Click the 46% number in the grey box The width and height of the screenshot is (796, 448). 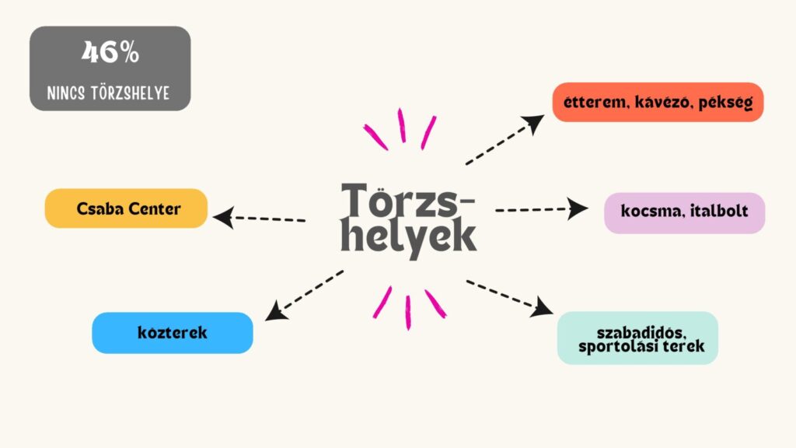(x=110, y=53)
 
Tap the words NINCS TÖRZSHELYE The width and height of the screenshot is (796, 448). (x=110, y=94)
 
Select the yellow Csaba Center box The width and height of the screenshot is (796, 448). (x=126, y=208)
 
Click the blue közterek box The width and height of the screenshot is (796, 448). (x=173, y=333)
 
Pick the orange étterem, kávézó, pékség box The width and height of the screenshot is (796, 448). (x=658, y=102)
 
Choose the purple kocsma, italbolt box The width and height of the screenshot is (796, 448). (x=684, y=212)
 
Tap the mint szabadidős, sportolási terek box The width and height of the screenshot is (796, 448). (x=637, y=338)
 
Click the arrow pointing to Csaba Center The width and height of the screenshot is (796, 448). (x=260, y=218)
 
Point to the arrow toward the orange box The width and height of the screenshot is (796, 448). (x=505, y=140)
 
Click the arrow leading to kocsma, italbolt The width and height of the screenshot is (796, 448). (x=542, y=208)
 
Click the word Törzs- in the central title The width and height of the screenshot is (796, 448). (x=407, y=201)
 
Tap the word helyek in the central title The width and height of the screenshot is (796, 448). (x=409, y=238)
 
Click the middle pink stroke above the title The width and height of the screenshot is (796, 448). (x=402, y=125)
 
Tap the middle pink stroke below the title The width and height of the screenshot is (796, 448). (x=407, y=312)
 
